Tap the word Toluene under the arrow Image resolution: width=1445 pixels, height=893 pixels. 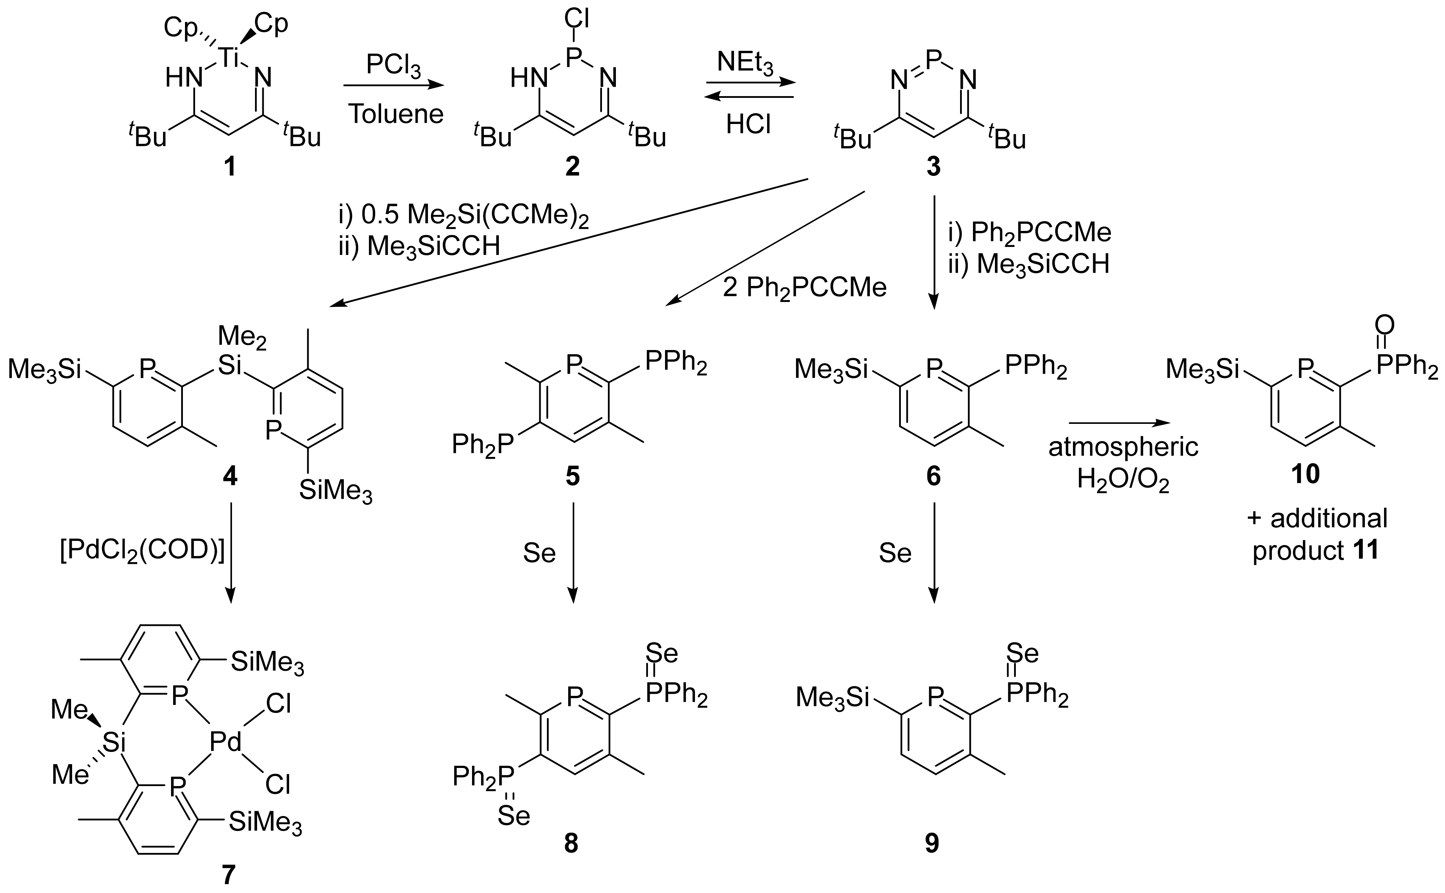[x=395, y=114]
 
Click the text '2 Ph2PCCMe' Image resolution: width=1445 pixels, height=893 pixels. [x=805, y=288]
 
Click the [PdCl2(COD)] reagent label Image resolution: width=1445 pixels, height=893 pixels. [x=142, y=552]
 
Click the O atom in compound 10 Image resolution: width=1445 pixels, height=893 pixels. [x=1384, y=325]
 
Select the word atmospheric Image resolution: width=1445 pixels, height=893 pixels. [x=1123, y=447]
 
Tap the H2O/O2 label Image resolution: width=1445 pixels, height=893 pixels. [x=1123, y=480]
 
